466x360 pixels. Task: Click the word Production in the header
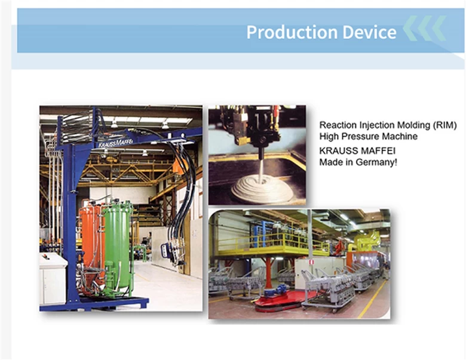click(292, 32)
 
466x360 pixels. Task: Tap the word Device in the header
click(369, 32)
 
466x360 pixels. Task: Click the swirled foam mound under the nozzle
click(262, 187)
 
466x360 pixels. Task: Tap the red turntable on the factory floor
click(283, 300)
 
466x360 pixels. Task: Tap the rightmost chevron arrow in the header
click(439, 28)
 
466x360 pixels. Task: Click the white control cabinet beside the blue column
click(53, 279)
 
